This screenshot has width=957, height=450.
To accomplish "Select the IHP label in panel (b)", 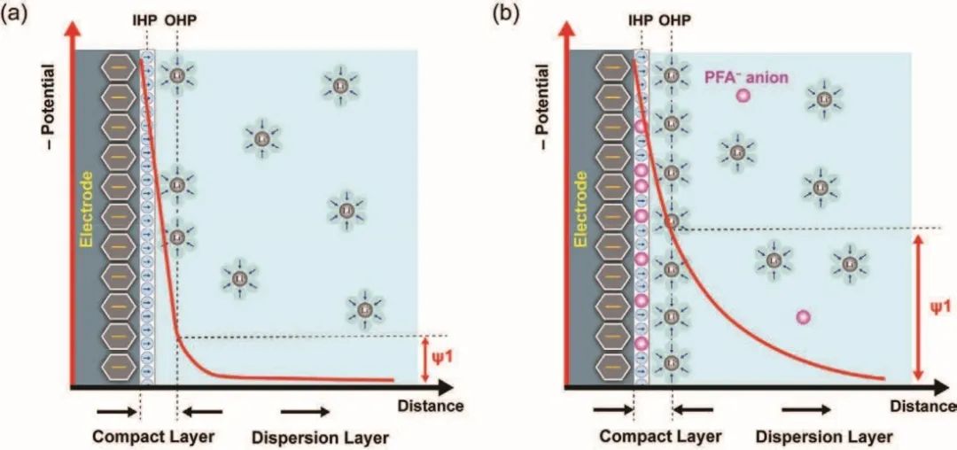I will click(x=639, y=19).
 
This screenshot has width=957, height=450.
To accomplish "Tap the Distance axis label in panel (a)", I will click(x=436, y=406).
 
